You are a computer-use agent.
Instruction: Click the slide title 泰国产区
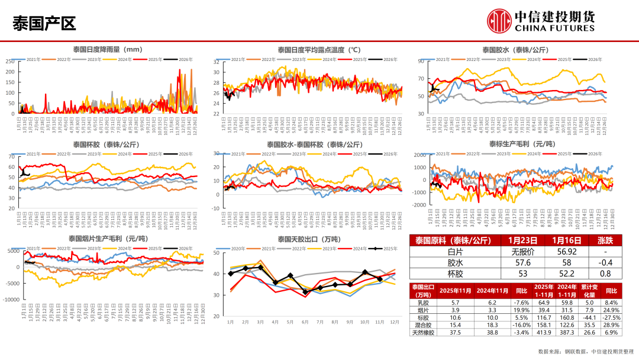point(44,24)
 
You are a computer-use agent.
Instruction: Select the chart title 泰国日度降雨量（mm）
point(107,50)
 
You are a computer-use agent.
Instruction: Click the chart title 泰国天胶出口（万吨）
point(309,239)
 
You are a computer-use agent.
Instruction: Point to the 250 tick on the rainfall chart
point(10,62)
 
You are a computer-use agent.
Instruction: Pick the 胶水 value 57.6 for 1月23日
point(522,262)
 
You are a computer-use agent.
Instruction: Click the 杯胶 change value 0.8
point(604,274)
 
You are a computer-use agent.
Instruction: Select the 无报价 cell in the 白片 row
point(522,251)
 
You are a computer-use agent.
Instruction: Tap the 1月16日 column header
point(563,240)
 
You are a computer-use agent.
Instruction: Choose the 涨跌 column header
point(604,240)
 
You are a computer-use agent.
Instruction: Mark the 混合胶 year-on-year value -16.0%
point(522,324)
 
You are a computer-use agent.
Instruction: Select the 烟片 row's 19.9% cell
point(522,310)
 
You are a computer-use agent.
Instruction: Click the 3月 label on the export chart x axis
point(260,322)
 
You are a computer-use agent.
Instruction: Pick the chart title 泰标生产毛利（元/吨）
point(521,144)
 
